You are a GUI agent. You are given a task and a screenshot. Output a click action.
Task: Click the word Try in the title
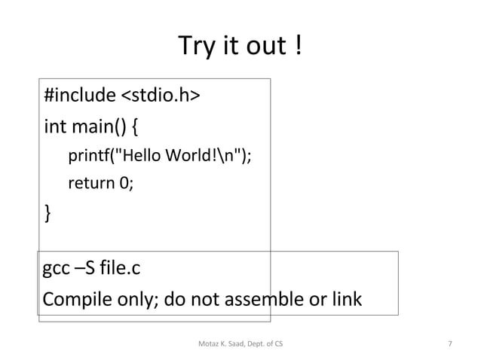click(x=194, y=48)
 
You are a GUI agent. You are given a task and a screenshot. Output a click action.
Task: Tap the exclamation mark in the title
click(x=300, y=48)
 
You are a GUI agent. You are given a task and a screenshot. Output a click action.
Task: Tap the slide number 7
click(x=450, y=343)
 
